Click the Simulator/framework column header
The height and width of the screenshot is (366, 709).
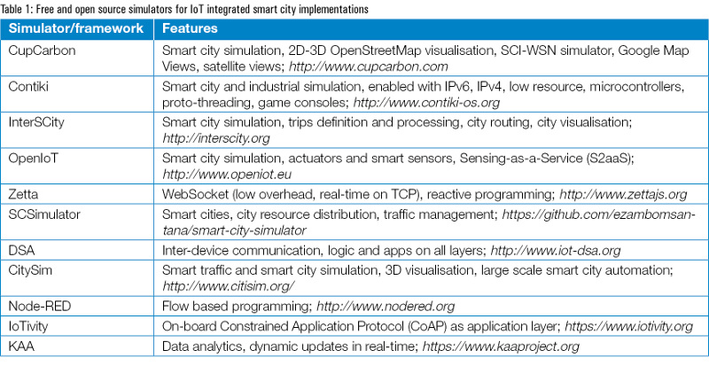[x=74, y=28]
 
